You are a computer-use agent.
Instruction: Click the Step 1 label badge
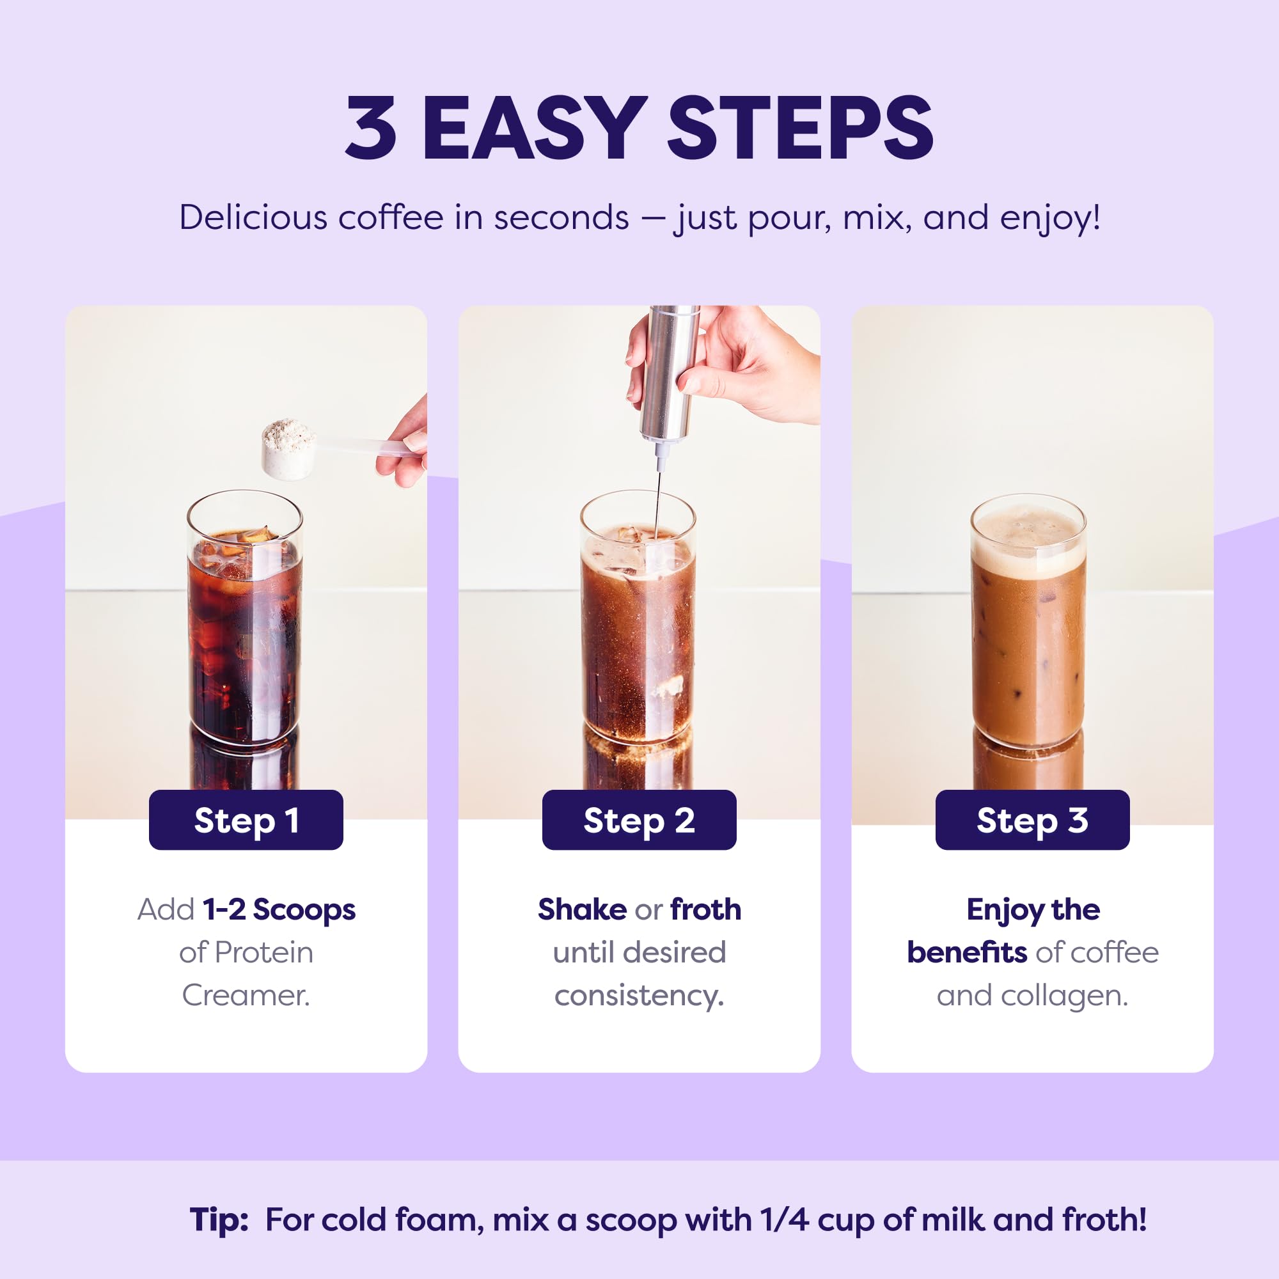(246, 820)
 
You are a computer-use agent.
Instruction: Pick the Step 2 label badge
(639, 820)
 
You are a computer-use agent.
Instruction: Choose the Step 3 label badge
(1032, 820)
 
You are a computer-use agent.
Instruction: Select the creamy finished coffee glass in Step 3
(1028, 636)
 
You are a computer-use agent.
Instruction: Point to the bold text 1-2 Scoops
(279, 909)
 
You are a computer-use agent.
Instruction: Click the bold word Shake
(582, 909)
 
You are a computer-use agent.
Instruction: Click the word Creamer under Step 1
(246, 996)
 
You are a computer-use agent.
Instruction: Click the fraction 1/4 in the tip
(785, 1220)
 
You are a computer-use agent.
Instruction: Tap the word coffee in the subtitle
(391, 217)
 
